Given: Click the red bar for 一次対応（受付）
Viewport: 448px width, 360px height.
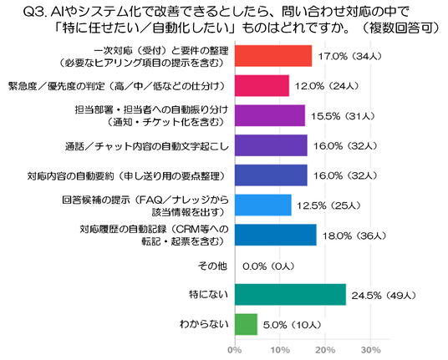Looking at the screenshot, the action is coord(273,56).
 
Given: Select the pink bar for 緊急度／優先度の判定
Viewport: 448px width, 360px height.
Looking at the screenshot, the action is coord(262,86).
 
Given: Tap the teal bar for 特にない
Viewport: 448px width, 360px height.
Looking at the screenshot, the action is coord(291,295).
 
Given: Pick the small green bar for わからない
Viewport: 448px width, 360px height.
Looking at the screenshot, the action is coord(247,324).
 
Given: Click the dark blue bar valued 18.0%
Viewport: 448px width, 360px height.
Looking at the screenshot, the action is coord(276,235).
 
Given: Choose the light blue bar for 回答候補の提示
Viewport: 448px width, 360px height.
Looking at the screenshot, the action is coord(263,205).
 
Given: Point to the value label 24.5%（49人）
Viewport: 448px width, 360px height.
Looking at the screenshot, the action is coord(384,295).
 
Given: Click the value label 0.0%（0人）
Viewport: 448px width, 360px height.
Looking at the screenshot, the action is coord(268,266).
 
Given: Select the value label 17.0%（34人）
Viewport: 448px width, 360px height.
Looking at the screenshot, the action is coord(350,56).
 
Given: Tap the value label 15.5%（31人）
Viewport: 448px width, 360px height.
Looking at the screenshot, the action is coord(343,116).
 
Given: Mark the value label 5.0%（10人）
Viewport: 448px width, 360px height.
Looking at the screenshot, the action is coord(293,325).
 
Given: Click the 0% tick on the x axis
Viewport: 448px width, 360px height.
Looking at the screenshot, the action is coord(235,350).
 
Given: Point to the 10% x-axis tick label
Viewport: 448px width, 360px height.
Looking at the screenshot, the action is coord(280,350).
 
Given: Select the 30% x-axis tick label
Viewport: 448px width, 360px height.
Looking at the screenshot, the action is coord(370,350).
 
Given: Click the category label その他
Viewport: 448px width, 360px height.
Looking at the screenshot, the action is coord(213,266).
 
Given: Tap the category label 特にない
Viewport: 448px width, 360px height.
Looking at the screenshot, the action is coord(209,294).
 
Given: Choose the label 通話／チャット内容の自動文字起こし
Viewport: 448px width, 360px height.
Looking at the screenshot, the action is coord(147,146).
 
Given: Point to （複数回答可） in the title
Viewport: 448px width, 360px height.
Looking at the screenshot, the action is coord(400,28).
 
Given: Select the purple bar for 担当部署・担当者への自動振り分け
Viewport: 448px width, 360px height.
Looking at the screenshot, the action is coord(270,115).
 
